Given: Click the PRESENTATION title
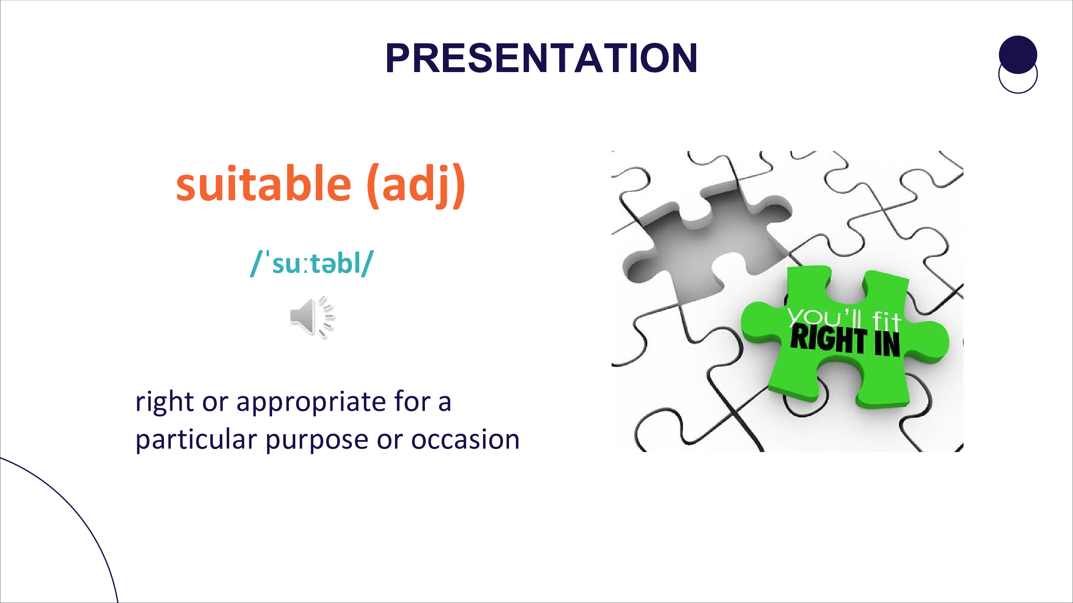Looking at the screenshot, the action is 541,58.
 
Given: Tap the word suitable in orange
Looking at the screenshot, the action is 264,184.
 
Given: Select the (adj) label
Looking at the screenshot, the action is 416,186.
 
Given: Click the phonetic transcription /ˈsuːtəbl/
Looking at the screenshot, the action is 312,263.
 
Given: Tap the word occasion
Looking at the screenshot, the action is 465,440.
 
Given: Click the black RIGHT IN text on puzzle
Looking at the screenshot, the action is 845,341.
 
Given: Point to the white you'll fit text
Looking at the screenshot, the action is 844,318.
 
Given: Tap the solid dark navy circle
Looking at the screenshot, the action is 1018,54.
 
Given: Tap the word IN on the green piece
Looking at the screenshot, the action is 887,344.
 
